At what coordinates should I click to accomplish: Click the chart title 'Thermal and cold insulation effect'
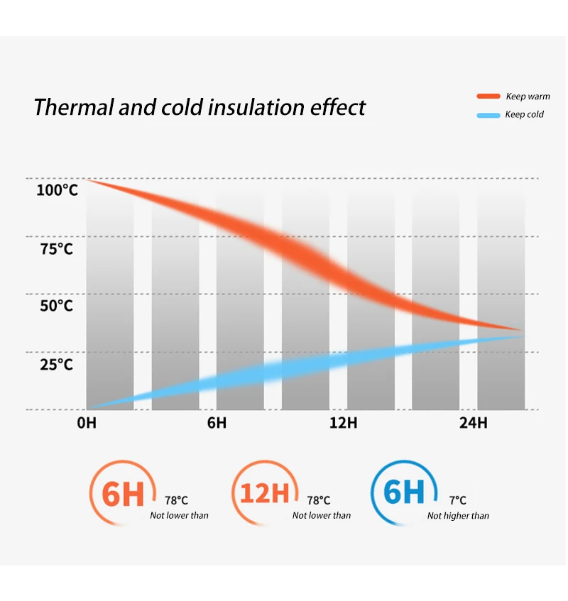200,107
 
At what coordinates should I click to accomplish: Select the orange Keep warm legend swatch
488,97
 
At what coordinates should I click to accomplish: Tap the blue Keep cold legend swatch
488,115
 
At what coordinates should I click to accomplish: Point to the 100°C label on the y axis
57,190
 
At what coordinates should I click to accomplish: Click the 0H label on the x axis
86,423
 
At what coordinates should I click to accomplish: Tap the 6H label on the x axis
217,423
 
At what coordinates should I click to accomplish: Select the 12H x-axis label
344,423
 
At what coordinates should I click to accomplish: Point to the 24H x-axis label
474,423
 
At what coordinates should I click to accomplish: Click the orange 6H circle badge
122,492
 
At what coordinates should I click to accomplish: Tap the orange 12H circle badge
265,492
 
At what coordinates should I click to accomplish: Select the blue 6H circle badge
403,492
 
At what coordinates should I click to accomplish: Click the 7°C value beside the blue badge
458,500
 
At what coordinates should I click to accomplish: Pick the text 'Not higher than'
458,516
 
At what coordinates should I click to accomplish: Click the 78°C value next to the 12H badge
319,500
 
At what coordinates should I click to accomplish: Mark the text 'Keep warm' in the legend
528,97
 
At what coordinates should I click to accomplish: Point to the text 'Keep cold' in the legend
524,115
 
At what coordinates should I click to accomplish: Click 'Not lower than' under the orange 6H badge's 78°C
179,516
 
